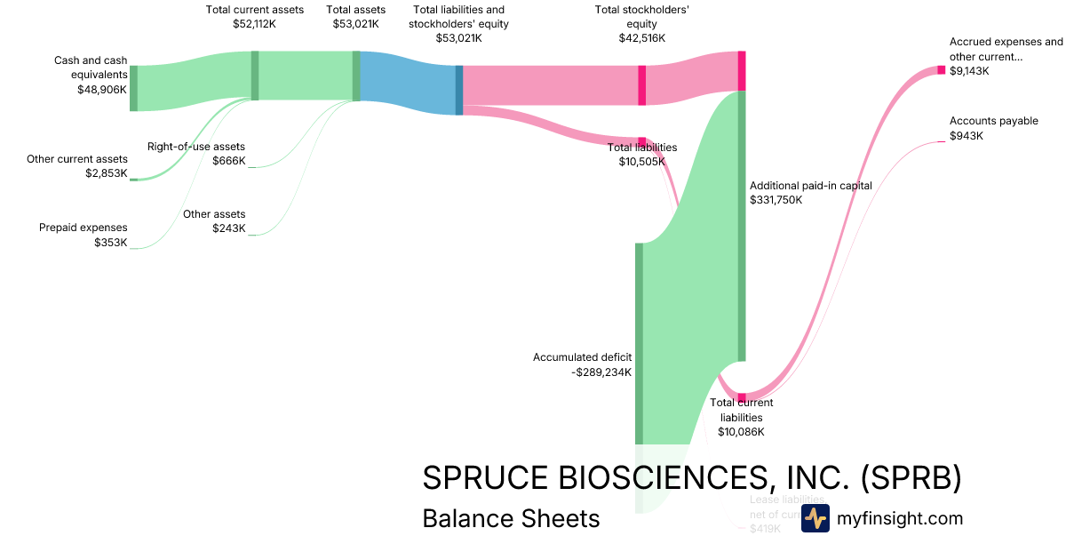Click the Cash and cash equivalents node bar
point(134,88)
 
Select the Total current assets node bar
point(255,76)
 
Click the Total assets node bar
point(356,76)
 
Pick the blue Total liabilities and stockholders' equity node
point(459,90)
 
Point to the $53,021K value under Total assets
point(356,24)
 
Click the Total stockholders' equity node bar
point(642,85)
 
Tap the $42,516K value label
point(642,38)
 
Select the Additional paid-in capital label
point(811,186)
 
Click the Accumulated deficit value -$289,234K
point(601,372)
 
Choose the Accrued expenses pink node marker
point(942,70)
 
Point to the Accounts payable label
point(993,121)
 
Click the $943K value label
point(967,136)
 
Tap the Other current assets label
point(77,159)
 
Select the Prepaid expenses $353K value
point(110,242)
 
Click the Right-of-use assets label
point(196,147)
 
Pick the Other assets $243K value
point(228,228)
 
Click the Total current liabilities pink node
point(742,397)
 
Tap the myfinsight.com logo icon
point(815,518)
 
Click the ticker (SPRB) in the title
point(911,478)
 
